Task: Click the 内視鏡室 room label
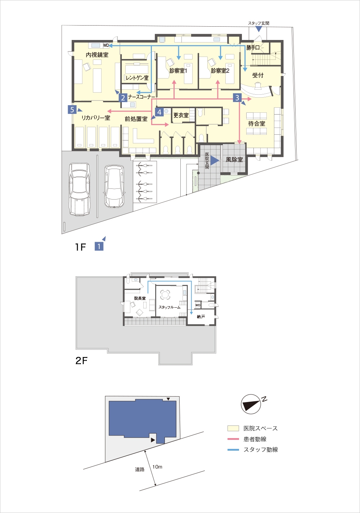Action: click(97, 55)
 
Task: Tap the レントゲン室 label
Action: click(137, 78)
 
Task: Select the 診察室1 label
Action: click(178, 71)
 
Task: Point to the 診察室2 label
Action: click(220, 71)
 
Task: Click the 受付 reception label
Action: click(258, 75)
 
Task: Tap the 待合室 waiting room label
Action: click(257, 124)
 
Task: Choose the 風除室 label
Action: click(234, 159)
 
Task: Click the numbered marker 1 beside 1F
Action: click(99, 246)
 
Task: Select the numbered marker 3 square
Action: click(237, 98)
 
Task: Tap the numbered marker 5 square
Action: click(72, 110)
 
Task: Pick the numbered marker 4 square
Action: click(159, 112)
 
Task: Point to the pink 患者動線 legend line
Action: click(233, 439)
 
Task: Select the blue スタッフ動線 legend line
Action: click(233, 450)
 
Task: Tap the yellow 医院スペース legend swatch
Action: click(233, 428)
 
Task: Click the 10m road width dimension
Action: click(157, 467)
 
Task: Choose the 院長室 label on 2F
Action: click(140, 298)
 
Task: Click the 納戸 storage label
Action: click(201, 317)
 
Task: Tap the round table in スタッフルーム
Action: click(165, 295)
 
